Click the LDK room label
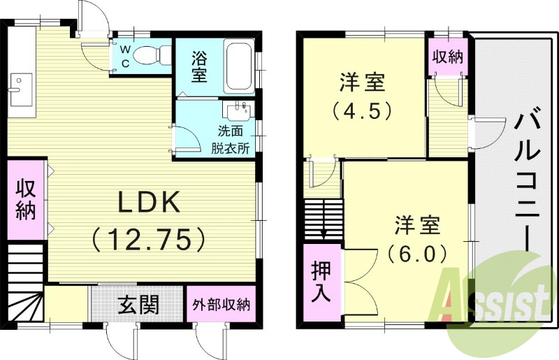[x=148, y=203]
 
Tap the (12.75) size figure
[x=149, y=239]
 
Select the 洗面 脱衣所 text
[x=233, y=138]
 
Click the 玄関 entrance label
[x=137, y=305]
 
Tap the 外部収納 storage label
[x=221, y=305]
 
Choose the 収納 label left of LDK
[x=26, y=199]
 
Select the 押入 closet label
[x=320, y=282]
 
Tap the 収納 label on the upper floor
[x=447, y=57]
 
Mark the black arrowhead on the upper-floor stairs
[x=324, y=235]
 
